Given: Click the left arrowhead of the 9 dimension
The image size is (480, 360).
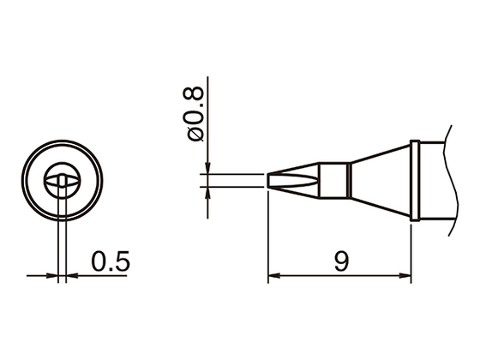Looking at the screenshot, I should pyautogui.click(x=273, y=277).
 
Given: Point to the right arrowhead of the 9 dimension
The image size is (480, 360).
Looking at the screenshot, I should pyautogui.click(x=407, y=277).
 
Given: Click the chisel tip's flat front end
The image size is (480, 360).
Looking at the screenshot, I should pyautogui.click(x=269, y=180).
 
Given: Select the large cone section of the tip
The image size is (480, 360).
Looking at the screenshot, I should pyautogui.click(x=381, y=180).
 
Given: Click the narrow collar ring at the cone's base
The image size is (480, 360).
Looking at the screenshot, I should pyautogui.click(x=415, y=180).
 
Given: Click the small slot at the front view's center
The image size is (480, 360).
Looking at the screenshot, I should pyautogui.click(x=62, y=180).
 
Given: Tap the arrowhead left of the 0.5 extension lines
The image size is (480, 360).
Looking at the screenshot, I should pyautogui.click(x=54, y=277).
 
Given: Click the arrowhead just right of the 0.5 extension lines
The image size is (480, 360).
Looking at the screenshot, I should pyautogui.click(x=70, y=277).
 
